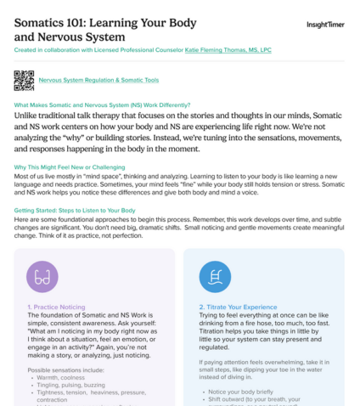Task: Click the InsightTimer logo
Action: [x=325, y=25]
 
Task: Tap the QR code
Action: [x=24, y=80]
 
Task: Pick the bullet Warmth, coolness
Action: [x=62, y=376]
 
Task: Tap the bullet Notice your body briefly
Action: [x=242, y=391]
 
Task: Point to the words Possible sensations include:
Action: [x=68, y=369]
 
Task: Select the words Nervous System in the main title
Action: [x=89, y=37]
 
